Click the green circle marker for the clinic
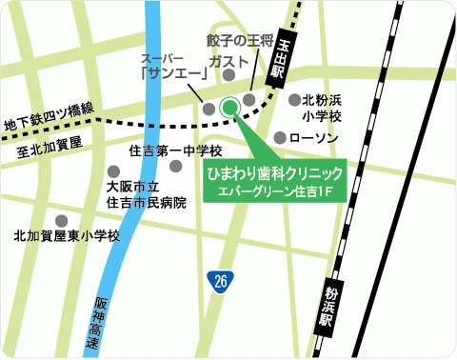click(x=228, y=108)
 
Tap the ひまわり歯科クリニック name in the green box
click(x=274, y=174)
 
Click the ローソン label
click(x=314, y=139)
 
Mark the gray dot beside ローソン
click(x=279, y=139)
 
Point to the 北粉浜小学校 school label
click(x=322, y=108)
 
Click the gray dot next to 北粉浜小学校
click(x=292, y=99)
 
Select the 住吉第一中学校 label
click(x=175, y=150)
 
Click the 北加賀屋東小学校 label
click(x=67, y=236)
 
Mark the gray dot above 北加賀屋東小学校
click(x=63, y=220)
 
